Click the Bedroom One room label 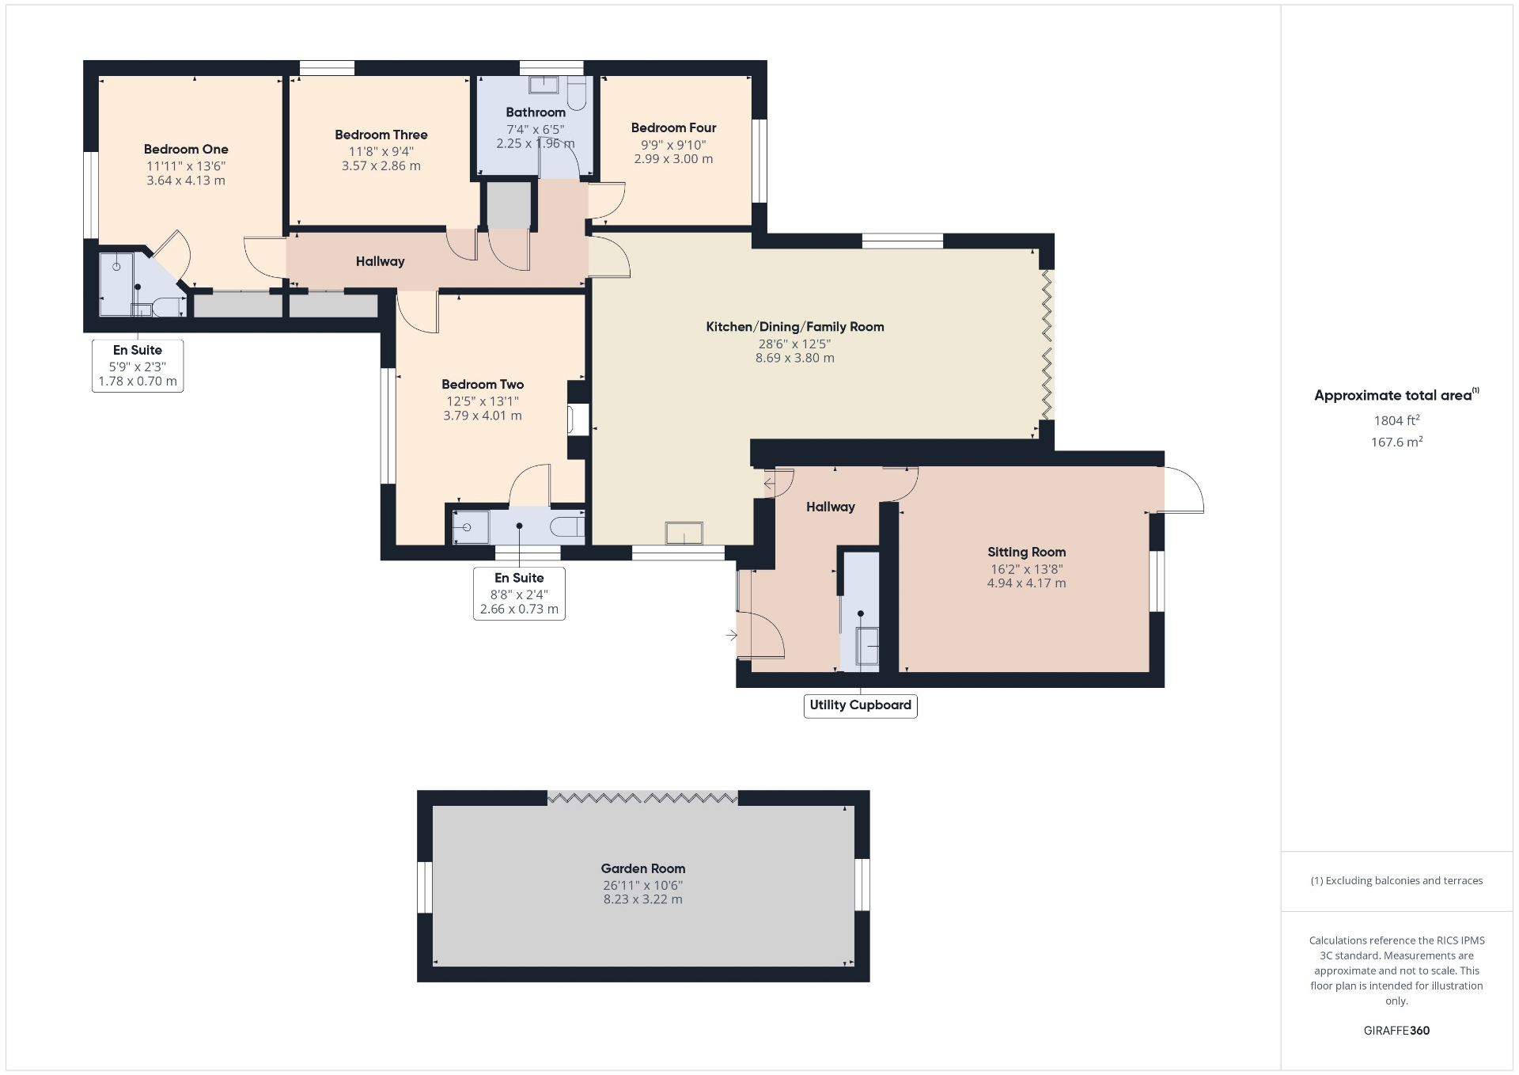coord(186,149)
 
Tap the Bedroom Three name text coord(381,135)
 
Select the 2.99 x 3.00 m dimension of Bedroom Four coord(674,159)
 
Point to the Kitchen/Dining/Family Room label coord(795,326)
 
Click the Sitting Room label coord(1026,552)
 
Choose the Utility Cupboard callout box coord(861,705)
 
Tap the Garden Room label coord(643,868)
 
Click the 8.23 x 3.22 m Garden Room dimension coord(643,899)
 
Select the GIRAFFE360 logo coord(1397,1031)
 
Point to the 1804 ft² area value coord(1397,420)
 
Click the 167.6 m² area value coord(1397,442)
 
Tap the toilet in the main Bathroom coord(577,93)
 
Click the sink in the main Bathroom coord(544,84)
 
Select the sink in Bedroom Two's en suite coord(471,526)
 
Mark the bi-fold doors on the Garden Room coord(642,798)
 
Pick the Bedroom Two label coord(483,384)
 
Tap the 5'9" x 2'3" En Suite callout coord(138,366)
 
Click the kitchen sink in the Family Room coord(684,533)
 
